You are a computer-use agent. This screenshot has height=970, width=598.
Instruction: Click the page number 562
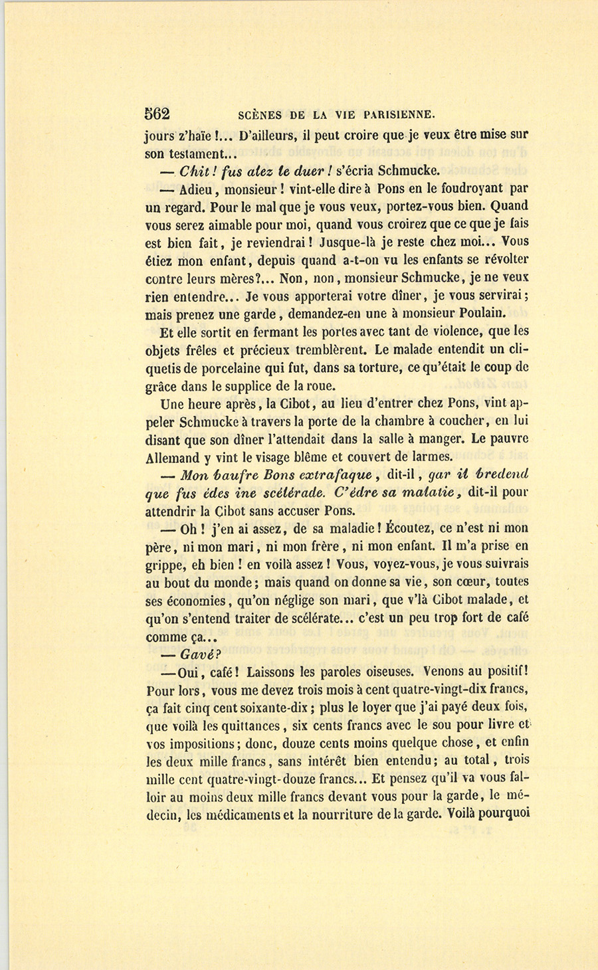[x=157, y=114]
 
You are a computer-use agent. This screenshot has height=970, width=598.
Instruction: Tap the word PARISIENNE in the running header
[x=396, y=114]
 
